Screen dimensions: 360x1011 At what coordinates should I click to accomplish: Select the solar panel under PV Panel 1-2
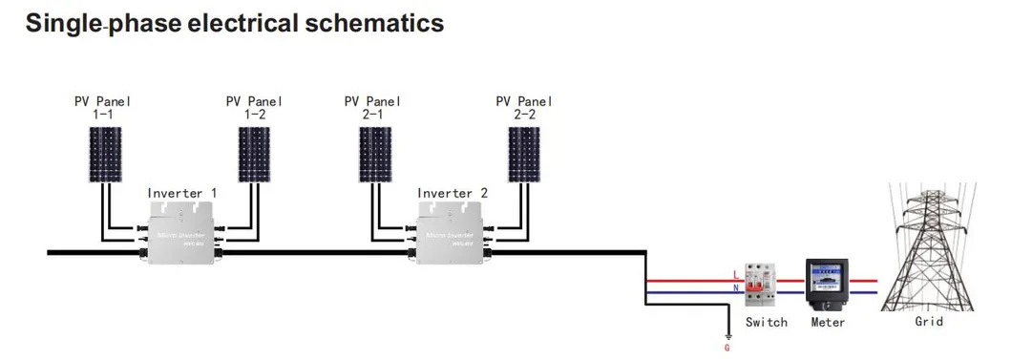[254, 153]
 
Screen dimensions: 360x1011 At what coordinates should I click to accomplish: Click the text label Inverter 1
[181, 193]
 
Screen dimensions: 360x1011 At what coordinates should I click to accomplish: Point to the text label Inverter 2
[452, 193]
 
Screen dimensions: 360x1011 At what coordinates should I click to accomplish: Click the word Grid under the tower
[929, 322]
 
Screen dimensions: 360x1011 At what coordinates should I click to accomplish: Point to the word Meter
[828, 322]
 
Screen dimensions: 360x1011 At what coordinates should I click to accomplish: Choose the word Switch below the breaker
[767, 322]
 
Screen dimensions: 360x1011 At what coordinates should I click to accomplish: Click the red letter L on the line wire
[734, 276]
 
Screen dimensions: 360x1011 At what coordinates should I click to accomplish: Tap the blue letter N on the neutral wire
[734, 287]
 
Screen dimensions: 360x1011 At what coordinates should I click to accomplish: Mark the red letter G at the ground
[727, 349]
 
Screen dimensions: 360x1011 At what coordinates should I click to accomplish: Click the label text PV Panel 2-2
[524, 107]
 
